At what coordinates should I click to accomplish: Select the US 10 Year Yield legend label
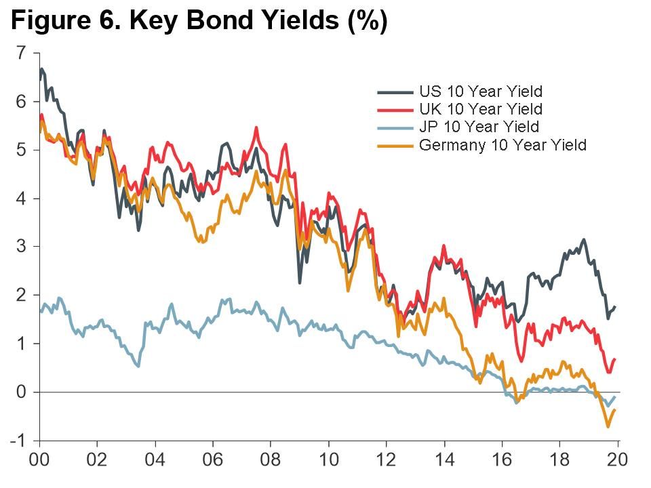(x=480, y=91)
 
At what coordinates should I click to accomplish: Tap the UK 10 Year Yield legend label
(x=480, y=108)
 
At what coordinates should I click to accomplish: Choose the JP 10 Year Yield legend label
(x=479, y=127)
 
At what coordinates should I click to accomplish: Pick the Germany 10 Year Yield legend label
(x=502, y=144)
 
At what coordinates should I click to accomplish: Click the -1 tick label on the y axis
(x=18, y=441)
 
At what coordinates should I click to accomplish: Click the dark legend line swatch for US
(x=395, y=91)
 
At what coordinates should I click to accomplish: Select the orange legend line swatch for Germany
(x=395, y=145)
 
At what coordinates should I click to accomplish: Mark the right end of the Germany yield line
(x=614, y=410)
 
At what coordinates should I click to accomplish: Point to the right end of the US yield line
(x=614, y=307)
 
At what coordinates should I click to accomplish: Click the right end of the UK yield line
(x=614, y=359)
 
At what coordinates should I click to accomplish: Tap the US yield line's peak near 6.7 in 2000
(x=42, y=68)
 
